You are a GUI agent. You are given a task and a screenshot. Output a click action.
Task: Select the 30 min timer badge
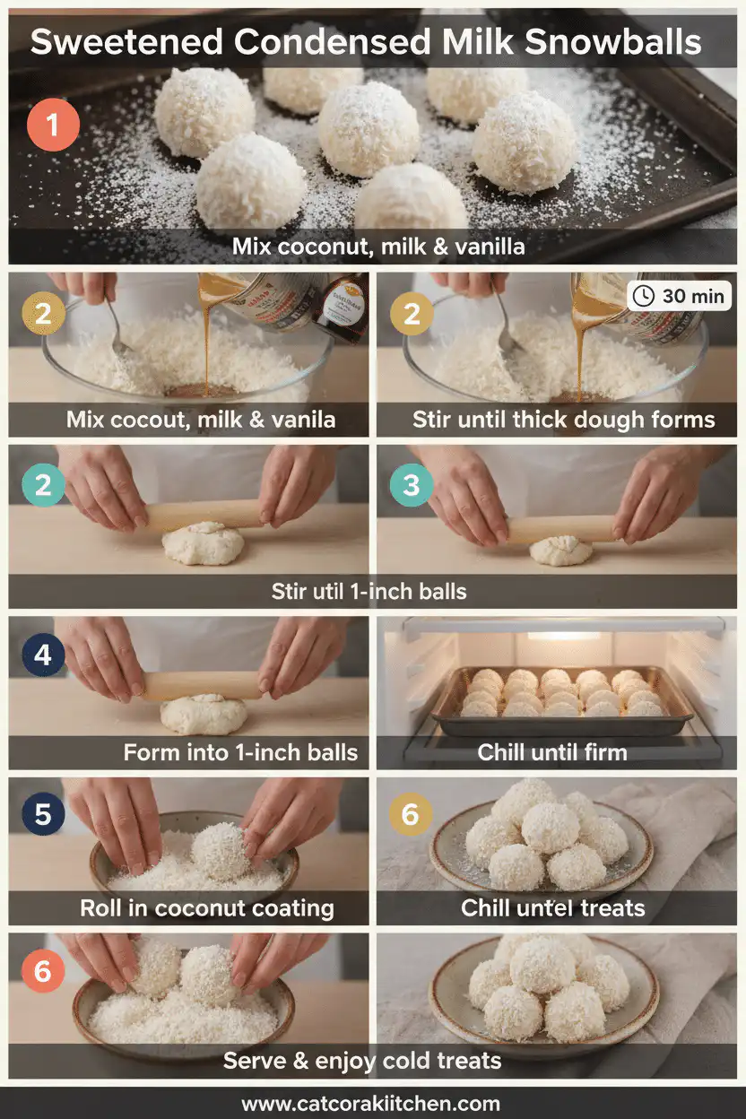(679, 296)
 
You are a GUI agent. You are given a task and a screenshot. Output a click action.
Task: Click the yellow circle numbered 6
(412, 814)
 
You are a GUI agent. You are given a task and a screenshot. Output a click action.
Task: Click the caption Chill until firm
(551, 752)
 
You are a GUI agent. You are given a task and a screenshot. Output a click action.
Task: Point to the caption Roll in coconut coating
(207, 907)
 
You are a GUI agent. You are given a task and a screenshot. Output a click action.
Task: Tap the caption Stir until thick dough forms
(563, 420)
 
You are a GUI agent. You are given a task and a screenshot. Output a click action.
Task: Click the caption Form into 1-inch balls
(240, 752)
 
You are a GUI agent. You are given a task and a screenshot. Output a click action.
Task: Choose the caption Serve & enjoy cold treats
(362, 1062)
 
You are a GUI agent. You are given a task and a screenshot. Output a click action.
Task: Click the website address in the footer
(371, 1103)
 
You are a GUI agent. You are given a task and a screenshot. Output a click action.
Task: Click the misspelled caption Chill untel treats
(553, 907)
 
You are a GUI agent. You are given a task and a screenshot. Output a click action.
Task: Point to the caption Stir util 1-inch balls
(369, 591)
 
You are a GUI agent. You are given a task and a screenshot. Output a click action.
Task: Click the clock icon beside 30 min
(644, 296)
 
